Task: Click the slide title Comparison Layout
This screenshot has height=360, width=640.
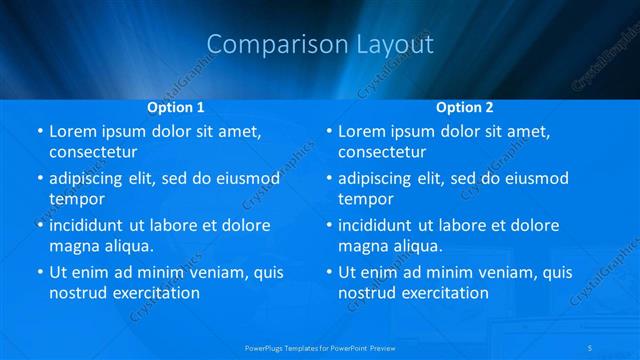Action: [x=320, y=45]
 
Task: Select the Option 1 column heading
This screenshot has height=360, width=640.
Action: [x=176, y=106]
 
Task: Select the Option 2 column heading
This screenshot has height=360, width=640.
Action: [x=465, y=106]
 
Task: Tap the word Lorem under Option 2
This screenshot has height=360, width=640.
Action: [x=362, y=131]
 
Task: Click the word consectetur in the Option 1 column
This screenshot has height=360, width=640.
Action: [x=93, y=152]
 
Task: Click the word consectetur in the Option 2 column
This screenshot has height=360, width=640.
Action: [x=382, y=152]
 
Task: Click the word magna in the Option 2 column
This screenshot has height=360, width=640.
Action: [x=362, y=246]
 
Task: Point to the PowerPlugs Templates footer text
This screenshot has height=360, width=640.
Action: [x=320, y=346]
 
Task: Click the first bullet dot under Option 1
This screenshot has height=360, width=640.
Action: [x=39, y=132]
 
